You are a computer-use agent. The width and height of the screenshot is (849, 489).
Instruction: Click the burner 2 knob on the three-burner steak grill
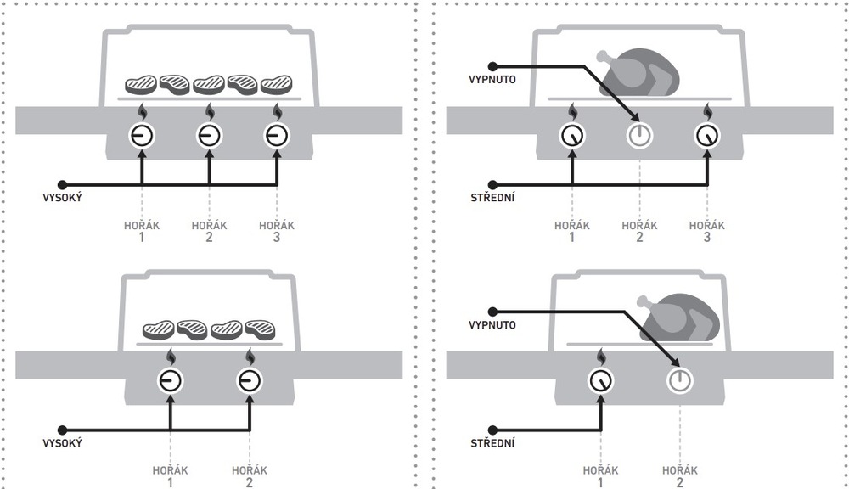210,135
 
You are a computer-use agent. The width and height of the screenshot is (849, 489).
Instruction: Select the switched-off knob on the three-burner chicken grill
639,135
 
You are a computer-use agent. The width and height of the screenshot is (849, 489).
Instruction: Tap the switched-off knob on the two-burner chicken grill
679,380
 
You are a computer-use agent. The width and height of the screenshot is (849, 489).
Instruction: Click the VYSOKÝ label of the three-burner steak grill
62,198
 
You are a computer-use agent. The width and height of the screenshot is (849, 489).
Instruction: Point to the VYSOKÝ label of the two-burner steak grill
62,443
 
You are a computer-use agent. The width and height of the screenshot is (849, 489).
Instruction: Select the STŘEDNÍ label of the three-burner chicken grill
492,197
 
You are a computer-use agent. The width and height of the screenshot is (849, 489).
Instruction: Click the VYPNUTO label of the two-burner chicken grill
492,325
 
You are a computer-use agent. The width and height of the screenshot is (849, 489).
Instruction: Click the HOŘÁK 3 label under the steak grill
277,231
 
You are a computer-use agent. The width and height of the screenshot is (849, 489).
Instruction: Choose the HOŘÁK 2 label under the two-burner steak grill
250,476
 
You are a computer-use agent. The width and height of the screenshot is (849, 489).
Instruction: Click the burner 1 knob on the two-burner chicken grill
600,380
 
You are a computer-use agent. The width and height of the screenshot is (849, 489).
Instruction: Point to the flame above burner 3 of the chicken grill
707,112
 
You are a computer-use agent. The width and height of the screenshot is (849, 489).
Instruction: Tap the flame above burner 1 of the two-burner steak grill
171,357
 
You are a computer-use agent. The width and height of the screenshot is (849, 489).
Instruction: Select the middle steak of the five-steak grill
209,84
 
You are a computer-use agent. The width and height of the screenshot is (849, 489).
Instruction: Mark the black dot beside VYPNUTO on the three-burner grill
492,66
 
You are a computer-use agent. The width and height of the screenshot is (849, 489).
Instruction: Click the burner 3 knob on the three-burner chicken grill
707,135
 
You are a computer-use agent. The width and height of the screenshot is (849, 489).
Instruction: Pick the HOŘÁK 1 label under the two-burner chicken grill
600,476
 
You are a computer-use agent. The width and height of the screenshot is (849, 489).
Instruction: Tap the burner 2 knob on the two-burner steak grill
250,380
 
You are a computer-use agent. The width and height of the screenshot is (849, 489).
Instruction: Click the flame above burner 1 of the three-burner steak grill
142,112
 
